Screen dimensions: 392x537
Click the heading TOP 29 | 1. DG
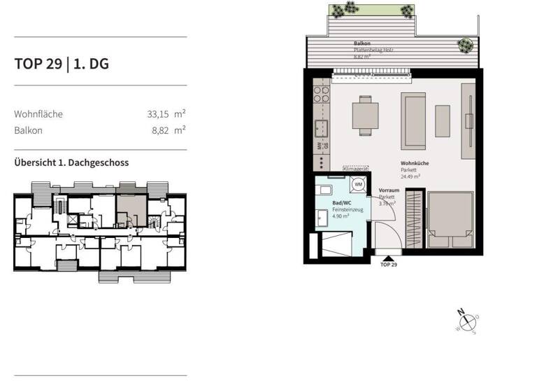pos(62,64)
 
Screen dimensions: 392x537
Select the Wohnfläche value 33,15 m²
pos(166,113)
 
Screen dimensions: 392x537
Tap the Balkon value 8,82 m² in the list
pos(168,130)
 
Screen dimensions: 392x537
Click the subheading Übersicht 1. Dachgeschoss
pos(71,162)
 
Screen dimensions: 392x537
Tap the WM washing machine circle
pos(358,185)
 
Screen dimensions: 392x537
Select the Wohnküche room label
pos(415,163)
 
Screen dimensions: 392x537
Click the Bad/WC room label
pos(341,203)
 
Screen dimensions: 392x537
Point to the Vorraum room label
pos(389,190)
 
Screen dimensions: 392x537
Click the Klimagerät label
pos(355,169)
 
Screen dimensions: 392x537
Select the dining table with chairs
pos(364,115)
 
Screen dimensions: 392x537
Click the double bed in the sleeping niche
pos(451,219)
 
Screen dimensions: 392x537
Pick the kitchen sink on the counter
pos(322,128)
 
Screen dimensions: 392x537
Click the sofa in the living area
pos(413,114)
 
